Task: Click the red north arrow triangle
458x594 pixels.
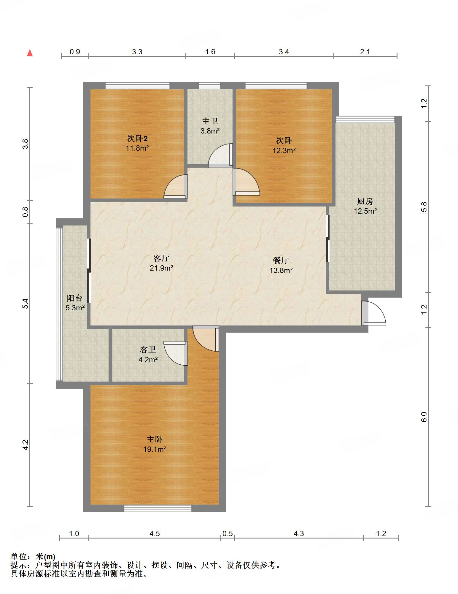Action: pyautogui.click(x=30, y=53)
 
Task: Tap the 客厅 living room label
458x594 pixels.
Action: pyautogui.click(x=161, y=258)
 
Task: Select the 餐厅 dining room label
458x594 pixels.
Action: pyautogui.click(x=281, y=260)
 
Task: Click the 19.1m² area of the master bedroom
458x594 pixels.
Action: pyautogui.click(x=155, y=450)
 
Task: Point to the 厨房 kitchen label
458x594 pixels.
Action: pyautogui.click(x=365, y=201)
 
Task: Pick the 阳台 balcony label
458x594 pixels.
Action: pyautogui.click(x=74, y=298)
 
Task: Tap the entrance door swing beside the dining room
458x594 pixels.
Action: pyautogui.click(x=373, y=313)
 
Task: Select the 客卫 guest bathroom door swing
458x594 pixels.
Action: pyautogui.click(x=176, y=353)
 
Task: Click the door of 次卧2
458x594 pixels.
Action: pyautogui.click(x=176, y=187)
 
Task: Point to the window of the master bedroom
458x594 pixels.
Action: pyautogui.click(x=158, y=508)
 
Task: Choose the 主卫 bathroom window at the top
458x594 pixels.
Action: pyautogui.click(x=210, y=86)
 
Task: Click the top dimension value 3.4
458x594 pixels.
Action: pyautogui.click(x=284, y=52)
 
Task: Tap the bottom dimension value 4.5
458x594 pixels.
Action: pyautogui.click(x=155, y=534)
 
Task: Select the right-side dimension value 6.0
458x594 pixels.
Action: pyautogui.click(x=424, y=417)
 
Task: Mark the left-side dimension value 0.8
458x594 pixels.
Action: pyautogui.click(x=26, y=212)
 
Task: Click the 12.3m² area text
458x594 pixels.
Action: pyautogui.click(x=284, y=150)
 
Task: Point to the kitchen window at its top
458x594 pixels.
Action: pyautogui.click(x=365, y=119)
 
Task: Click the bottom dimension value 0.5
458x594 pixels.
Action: pyautogui.click(x=228, y=534)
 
